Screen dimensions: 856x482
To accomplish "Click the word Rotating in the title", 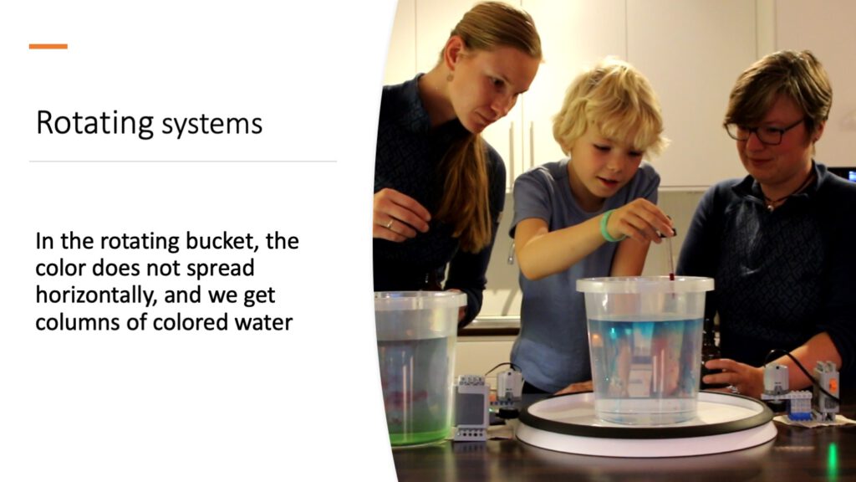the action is [x=94, y=123].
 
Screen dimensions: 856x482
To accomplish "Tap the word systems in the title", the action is [x=211, y=125].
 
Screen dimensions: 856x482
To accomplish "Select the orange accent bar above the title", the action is [x=48, y=47].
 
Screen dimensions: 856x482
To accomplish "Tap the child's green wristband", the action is [x=609, y=227].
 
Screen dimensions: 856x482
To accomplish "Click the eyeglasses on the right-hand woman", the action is [x=762, y=131].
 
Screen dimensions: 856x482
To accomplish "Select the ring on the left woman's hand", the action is [x=389, y=223].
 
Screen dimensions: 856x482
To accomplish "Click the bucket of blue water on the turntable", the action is [x=645, y=350].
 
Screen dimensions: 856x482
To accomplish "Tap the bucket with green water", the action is [x=418, y=367].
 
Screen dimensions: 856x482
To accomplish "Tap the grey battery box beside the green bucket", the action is [x=471, y=408].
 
